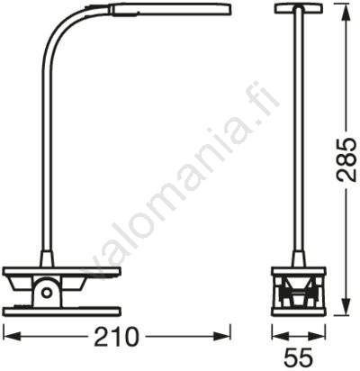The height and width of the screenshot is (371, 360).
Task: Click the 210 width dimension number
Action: (117, 337)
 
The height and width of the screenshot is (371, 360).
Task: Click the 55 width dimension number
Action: (299, 357)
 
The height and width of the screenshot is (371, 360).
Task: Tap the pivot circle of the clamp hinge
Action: (47, 292)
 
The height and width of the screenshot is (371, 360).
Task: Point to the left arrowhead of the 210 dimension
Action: (13, 336)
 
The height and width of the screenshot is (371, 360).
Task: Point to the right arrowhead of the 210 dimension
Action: (222, 336)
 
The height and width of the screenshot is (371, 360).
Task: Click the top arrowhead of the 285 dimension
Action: (346, 13)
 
